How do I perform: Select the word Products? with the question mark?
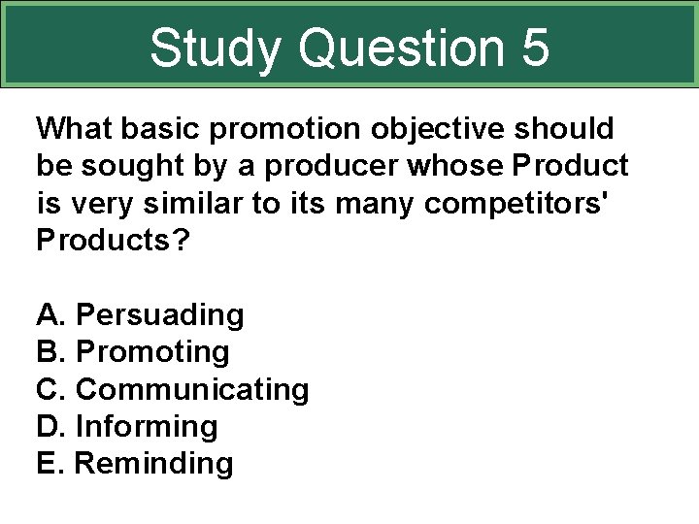point(113,241)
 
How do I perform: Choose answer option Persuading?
point(159,315)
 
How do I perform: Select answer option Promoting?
point(152,352)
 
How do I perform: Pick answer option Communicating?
point(192,389)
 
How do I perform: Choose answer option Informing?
point(147,426)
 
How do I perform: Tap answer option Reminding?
point(154,463)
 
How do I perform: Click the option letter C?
point(48,389)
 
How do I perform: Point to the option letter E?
point(47,463)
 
